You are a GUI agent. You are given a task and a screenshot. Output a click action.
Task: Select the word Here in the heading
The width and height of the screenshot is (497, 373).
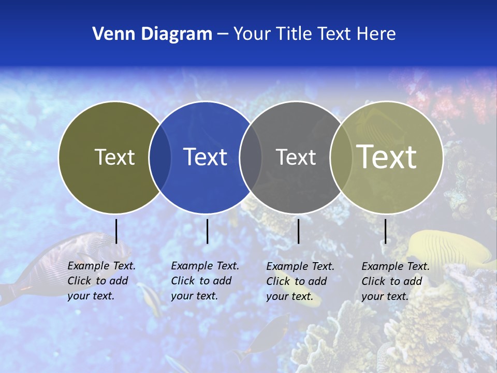(376, 34)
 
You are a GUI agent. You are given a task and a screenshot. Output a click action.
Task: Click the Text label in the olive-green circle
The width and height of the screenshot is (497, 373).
(114, 157)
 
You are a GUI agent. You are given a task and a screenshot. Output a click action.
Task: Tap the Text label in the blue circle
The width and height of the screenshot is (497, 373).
(205, 157)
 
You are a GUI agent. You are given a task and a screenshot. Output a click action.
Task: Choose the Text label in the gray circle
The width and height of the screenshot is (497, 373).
(296, 157)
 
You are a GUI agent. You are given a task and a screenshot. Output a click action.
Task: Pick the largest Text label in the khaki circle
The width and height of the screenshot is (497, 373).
(386, 157)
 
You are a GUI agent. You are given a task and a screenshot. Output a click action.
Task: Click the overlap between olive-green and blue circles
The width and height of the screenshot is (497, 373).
(160, 157)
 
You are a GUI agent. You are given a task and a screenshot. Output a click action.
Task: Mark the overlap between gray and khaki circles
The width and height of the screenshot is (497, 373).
(340, 157)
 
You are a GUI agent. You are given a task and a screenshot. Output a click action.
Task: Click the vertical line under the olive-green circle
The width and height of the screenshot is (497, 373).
(116, 231)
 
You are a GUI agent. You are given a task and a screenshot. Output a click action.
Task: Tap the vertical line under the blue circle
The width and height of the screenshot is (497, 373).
(207, 231)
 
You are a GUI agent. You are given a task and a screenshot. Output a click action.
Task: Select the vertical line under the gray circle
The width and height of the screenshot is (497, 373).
(298, 231)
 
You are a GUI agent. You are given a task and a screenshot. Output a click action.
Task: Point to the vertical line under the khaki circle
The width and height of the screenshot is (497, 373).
(385, 231)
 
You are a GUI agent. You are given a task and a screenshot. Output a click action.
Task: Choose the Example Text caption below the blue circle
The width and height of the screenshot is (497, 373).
(204, 281)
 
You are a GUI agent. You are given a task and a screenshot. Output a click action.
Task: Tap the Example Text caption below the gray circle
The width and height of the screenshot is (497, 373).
(300, 281)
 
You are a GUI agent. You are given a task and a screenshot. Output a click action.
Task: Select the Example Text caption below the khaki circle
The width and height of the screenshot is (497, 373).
(395, 281)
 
